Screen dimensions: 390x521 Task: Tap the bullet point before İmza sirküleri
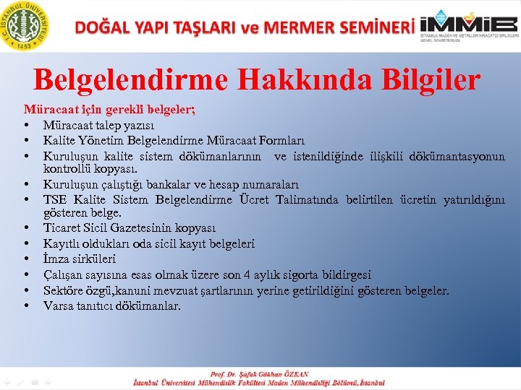[x=26, y=259]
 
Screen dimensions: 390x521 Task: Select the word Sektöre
[x=63, y=290]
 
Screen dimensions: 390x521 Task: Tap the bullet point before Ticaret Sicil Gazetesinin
[x=26, y=229]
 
